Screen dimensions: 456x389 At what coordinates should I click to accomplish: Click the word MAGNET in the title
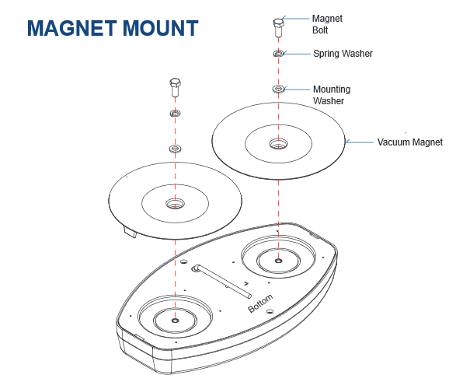(72, 28)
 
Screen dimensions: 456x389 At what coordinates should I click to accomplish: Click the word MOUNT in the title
(161, 28)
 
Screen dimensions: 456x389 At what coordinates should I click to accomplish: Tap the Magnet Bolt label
(327, 24)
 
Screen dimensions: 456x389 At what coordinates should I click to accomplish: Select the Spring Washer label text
(343, 54)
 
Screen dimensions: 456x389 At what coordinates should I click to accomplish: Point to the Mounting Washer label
(332, 95)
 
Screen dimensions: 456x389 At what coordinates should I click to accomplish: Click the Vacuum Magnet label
(409, 142)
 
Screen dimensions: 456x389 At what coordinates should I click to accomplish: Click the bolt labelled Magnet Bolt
(278, 28)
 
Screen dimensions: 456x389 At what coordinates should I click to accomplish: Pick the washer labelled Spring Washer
(278, 54)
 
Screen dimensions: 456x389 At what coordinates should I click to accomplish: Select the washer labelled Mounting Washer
(279, 89)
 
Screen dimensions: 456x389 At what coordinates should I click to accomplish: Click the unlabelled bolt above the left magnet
(175, 87)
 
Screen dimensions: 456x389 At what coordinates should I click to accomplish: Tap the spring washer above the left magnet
(175, 113)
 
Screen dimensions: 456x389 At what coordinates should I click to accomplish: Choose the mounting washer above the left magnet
(175, 149)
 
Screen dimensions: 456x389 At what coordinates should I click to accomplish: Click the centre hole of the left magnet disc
(175, 204)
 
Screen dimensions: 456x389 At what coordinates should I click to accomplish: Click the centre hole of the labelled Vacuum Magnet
(279, 144)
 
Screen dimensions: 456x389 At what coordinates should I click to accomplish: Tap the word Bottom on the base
(260, 303)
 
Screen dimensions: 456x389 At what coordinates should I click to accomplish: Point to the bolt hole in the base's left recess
(175, 321)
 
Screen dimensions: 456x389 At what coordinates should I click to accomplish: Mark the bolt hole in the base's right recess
(279, 261)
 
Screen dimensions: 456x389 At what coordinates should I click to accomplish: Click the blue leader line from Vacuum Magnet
(360, 142)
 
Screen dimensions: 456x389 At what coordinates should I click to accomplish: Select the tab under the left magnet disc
(131, 232)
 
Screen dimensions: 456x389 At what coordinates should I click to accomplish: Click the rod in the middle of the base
(221, 281)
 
